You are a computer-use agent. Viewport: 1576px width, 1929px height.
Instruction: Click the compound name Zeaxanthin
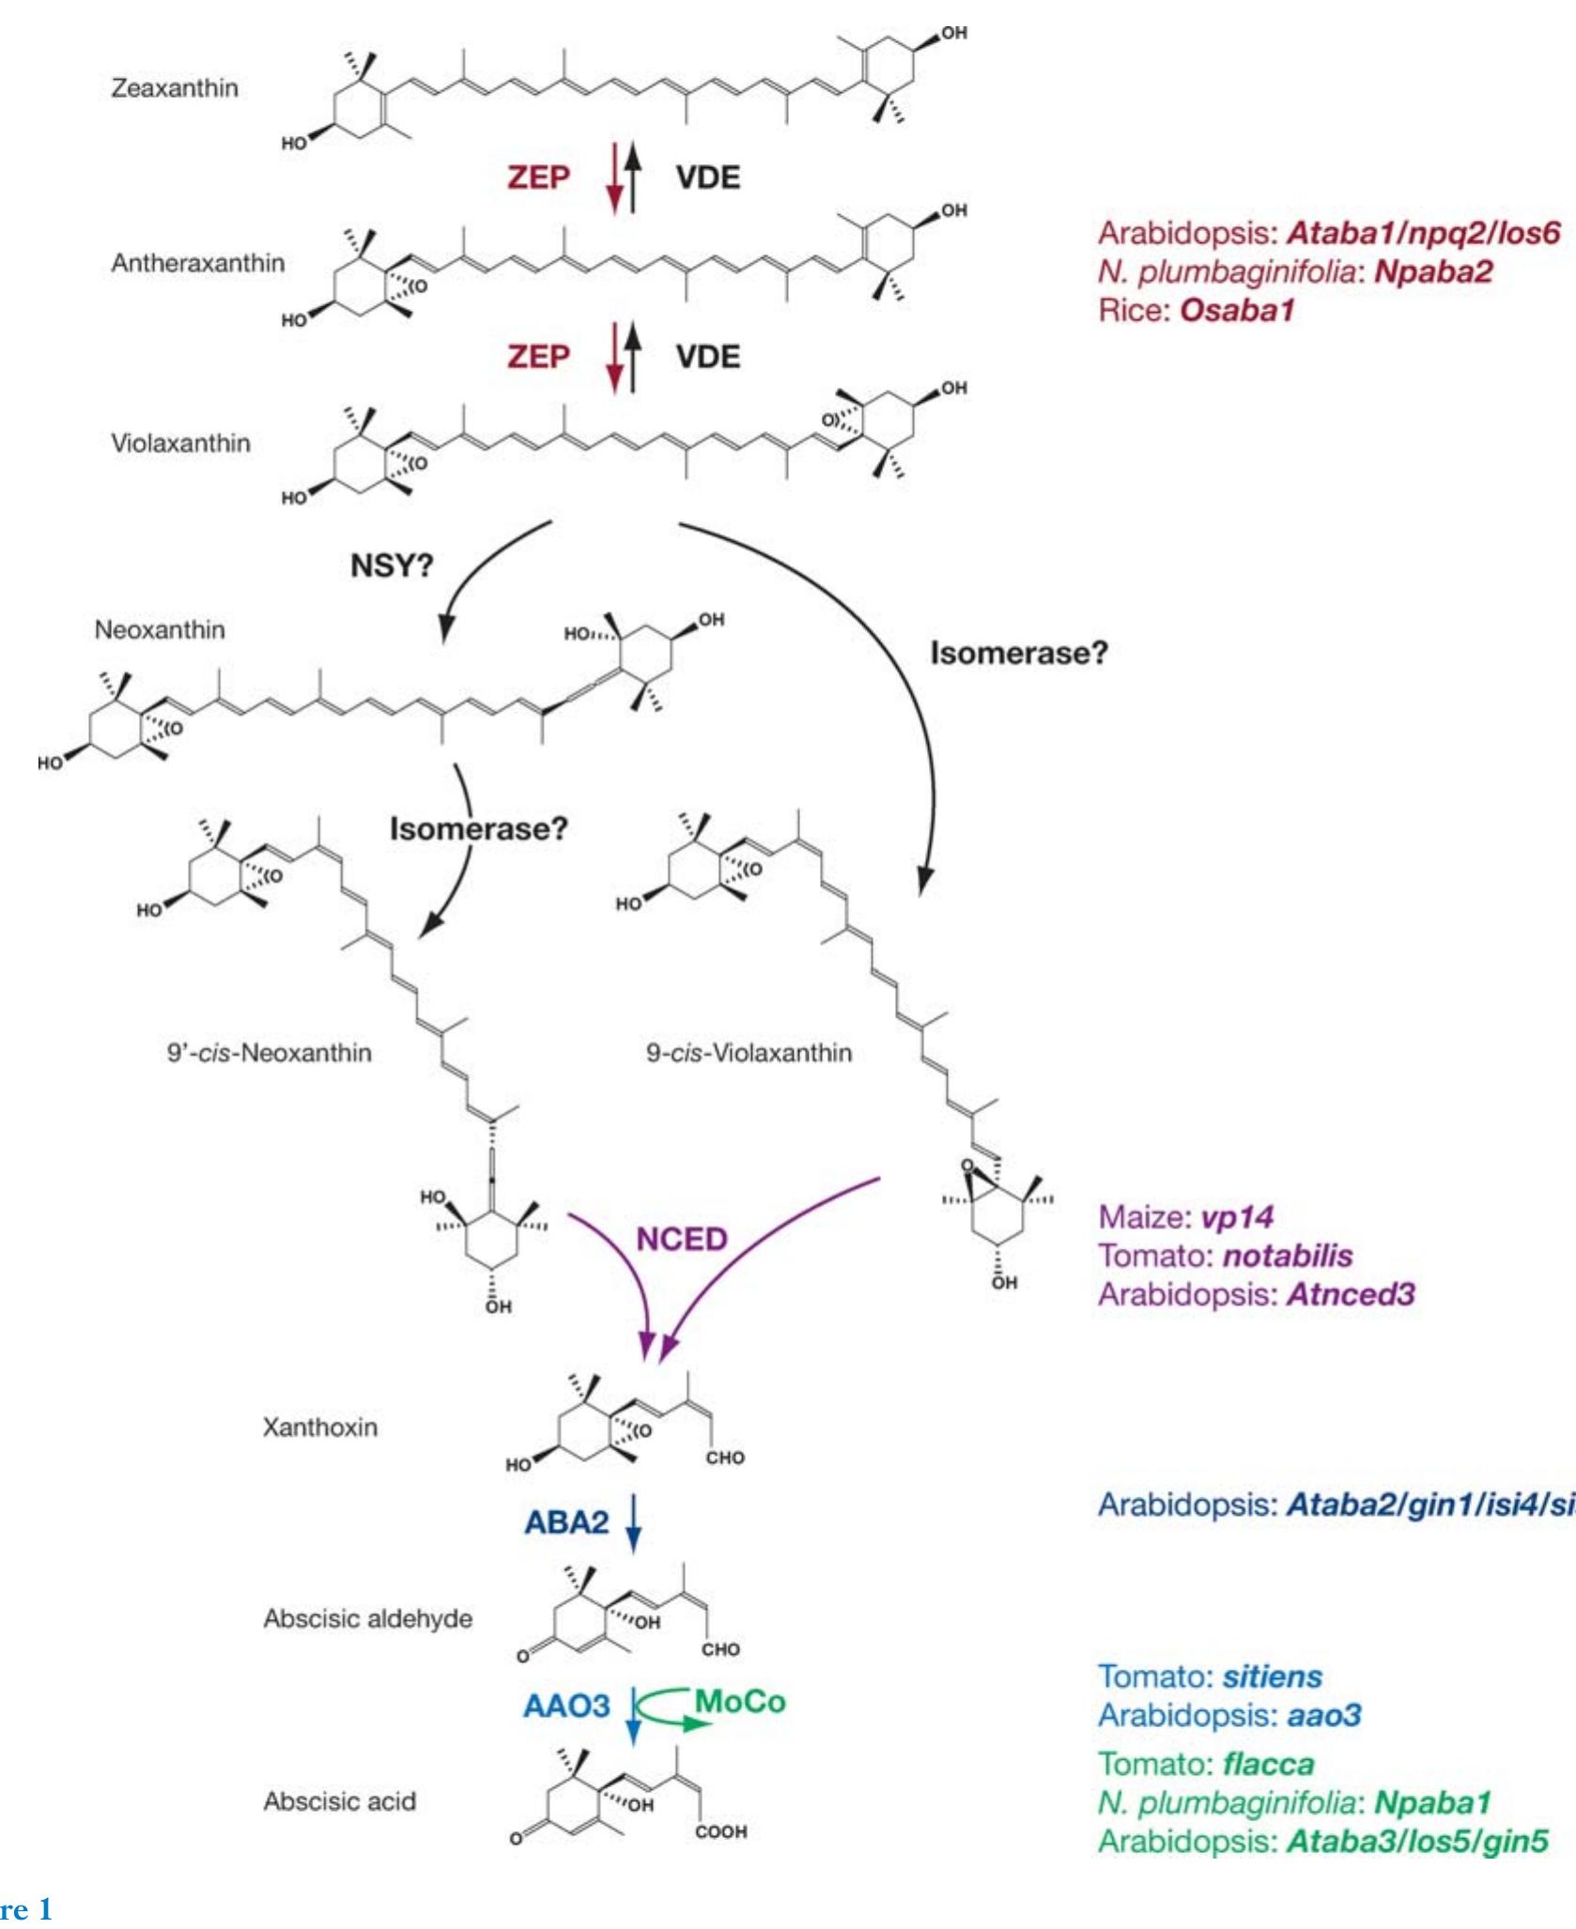(175, 88)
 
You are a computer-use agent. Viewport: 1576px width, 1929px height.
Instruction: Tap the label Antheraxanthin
(197, 263)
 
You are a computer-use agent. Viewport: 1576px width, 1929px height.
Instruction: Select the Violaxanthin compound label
(180, 443)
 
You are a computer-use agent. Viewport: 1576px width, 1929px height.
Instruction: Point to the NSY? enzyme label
(392, 566)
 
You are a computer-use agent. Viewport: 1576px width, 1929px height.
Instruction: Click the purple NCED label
(682, 1240)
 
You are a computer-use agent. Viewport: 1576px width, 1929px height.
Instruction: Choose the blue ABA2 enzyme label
(566, 1521)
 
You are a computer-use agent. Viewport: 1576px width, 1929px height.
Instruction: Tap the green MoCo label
(740, 1702)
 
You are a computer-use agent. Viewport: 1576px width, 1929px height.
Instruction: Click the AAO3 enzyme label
(566, 1705)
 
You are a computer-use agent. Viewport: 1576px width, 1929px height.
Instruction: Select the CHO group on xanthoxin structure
(725, 1458)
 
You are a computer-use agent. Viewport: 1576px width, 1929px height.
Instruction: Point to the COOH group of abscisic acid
(721, 1831)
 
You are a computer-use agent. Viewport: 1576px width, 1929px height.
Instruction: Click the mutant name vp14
(1237, 1217)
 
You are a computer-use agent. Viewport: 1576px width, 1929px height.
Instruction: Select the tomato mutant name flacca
(1268, 1764)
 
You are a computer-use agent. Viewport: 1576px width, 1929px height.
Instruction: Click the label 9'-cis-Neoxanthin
(270, 1053)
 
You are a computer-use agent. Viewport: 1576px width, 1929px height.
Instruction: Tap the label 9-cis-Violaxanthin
(749, 1053)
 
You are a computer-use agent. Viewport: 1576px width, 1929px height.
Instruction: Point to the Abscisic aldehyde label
(367, 1619)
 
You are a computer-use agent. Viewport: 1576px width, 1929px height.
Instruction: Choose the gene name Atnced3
(1351, 1294)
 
